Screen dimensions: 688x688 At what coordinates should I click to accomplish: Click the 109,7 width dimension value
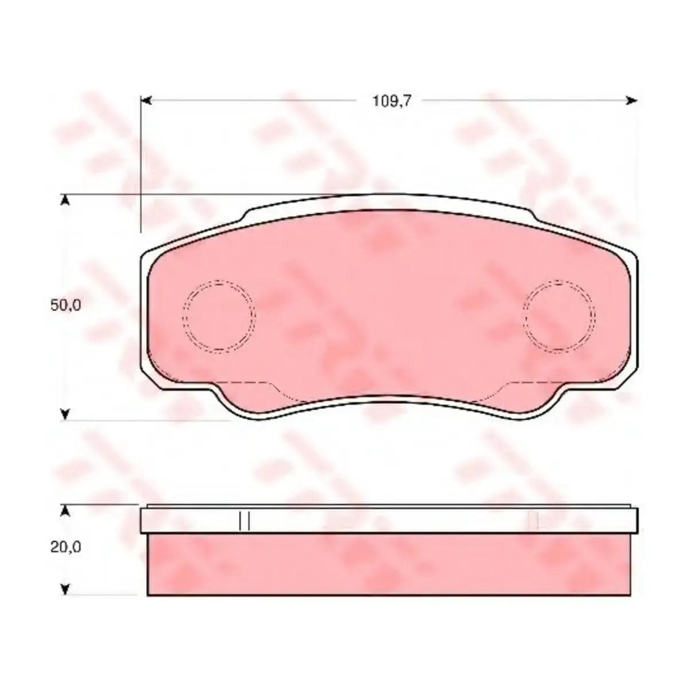point(392,101)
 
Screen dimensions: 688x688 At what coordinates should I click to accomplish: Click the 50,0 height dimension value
point(66,305)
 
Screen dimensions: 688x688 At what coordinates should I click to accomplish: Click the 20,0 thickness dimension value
point(66,557)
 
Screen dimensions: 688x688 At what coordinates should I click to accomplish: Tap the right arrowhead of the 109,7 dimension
point(632,101)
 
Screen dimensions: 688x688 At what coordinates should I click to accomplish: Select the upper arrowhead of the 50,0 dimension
point(65,200)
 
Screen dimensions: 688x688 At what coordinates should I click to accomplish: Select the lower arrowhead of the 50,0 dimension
point(65,415)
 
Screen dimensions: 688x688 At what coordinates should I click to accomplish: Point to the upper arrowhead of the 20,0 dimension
point(65,511)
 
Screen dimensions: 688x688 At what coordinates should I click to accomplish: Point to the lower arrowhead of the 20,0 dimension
point(65,590)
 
